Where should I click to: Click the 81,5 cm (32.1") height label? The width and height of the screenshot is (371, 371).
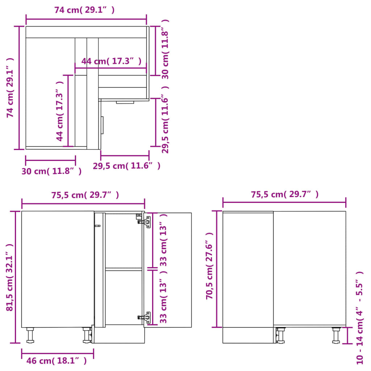(10, 277)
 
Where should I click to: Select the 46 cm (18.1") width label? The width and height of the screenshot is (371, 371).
(57, 360)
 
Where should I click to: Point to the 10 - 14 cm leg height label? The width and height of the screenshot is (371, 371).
(360, 317)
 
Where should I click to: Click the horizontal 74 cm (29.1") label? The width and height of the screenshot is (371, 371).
(84, 10)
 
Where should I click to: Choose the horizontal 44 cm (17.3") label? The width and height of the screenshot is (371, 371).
(111, 61)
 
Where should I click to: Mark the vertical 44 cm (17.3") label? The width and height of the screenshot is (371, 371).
(60, 111)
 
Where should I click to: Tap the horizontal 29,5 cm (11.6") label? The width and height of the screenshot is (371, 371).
(126, 166)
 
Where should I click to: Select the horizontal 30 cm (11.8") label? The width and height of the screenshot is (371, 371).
(51, 171)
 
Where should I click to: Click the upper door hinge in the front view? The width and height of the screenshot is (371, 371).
(145, 221)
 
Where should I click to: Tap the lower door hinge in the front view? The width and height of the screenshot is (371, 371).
(145, 317)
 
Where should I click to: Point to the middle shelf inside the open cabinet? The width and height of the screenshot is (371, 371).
(123, 269)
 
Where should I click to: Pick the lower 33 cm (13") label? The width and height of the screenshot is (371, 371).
(163, 297)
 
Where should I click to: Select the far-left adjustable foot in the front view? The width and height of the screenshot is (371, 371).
(30, 335)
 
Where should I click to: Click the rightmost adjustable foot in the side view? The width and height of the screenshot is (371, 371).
(336, 335)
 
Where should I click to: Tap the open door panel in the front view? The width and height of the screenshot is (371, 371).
(168, 270)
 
